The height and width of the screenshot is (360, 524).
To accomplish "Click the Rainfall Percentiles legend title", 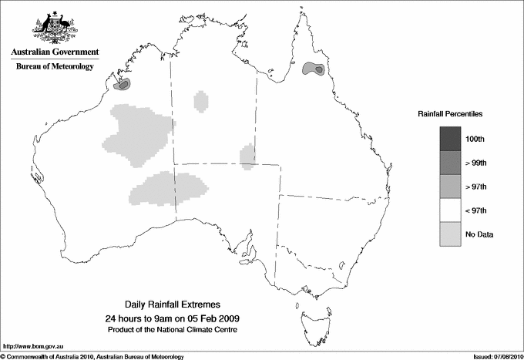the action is pos(450,113).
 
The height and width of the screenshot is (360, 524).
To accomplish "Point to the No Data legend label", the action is pos(479,234).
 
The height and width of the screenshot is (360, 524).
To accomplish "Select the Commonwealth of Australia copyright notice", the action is pos(92,356).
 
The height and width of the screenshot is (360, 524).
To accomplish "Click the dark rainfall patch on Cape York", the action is pos(314,70).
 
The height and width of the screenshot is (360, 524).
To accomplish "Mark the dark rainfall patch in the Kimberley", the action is pos(125,82).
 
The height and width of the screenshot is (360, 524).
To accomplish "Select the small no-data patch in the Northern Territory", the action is pos(201,100).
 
